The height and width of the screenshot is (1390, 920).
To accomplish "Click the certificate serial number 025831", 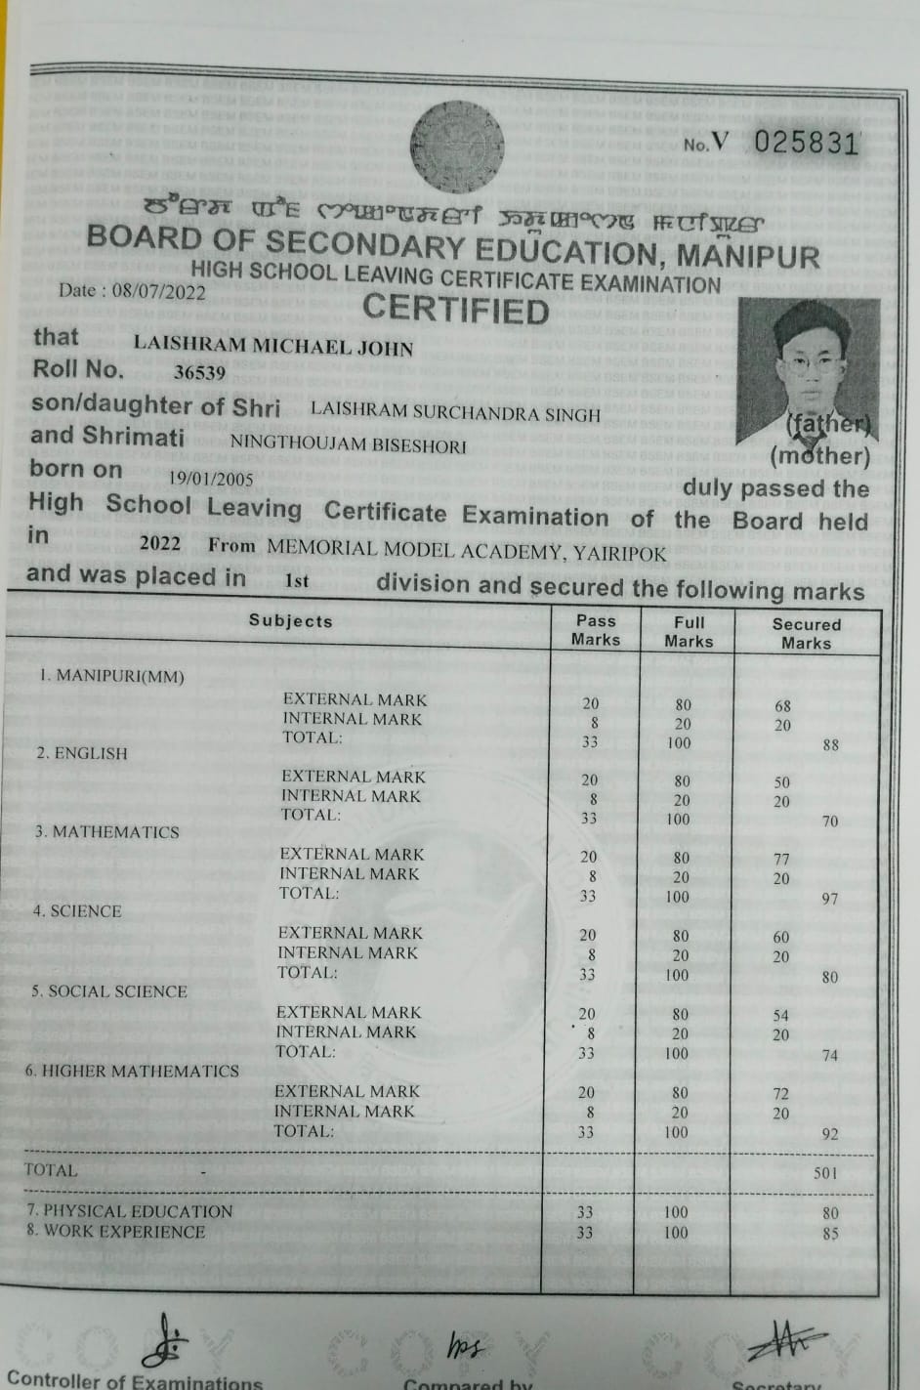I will coord(807,143).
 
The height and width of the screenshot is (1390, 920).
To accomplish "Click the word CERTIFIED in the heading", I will coord(456,311).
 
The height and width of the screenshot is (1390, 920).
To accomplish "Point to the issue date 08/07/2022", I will coord(158,291).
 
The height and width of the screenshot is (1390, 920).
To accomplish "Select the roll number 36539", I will coord(199,372).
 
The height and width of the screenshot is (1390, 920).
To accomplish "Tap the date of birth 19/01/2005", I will coord(211,479).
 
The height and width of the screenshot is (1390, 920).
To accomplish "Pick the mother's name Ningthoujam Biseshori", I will coord(348,445).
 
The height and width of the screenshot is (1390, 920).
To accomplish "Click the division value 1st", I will coord(296,581).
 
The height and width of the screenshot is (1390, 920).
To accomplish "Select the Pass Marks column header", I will coord(596,630).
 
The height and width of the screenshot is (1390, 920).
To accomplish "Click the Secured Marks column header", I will coord(806,633).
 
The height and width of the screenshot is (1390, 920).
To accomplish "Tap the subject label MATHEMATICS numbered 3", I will coord(107,832).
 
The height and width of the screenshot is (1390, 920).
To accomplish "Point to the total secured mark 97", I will coord(829,898).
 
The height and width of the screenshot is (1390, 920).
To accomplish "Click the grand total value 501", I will coord(825,1172).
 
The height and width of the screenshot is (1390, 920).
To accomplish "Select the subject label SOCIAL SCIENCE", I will coord(108,991).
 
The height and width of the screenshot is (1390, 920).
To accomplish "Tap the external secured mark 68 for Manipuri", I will coord(782,705).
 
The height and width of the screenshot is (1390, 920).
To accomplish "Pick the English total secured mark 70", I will coord(829,821).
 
